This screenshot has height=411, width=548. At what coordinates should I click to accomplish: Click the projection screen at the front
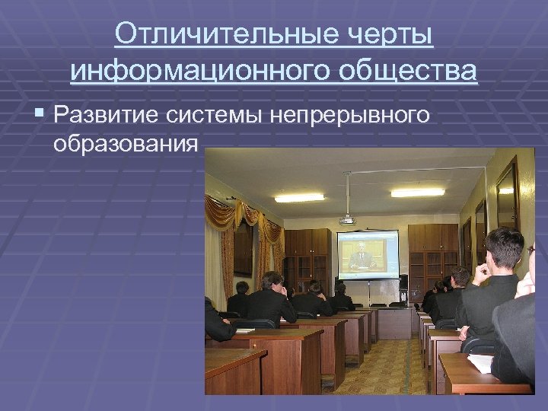click(x=368, y=255)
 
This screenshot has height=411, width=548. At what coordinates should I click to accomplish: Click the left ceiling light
click(x=299, y=197)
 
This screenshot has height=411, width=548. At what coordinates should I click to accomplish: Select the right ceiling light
click(x=417, y=193)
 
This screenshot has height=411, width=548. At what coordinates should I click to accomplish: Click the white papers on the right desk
click(x=481, y=363)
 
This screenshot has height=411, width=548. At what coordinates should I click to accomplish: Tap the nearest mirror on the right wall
click(x=507, y=197)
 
